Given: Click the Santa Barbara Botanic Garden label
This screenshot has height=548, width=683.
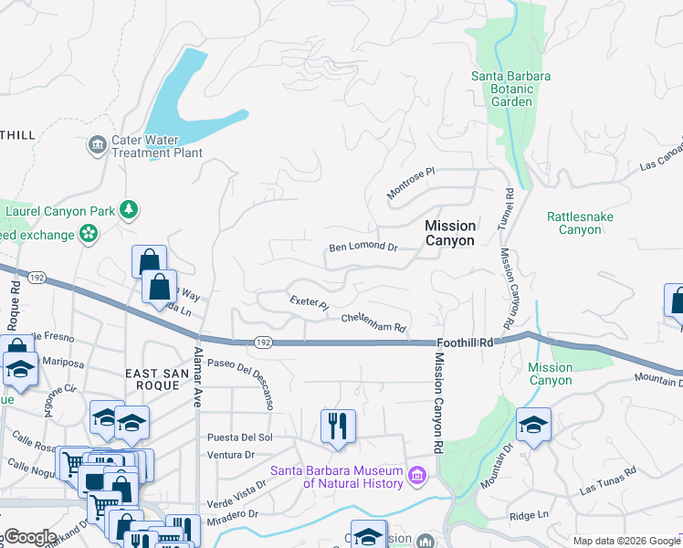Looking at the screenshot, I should coord(510,89).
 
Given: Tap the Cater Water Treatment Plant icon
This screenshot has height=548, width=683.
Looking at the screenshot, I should coord(98,144).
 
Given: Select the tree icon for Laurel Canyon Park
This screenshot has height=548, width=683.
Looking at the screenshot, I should coord(130,211).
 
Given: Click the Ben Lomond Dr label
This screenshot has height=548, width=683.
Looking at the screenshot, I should coord(363,248).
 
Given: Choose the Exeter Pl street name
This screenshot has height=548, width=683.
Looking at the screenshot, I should coord(308,302).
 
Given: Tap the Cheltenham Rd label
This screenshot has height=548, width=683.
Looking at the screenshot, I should coord(373,321).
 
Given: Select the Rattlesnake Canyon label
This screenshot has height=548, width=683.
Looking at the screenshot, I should coord(580,223).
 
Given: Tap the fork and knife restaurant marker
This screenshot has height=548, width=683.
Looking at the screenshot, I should coord(337,426).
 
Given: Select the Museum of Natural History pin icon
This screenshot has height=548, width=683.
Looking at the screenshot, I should coord(417,476).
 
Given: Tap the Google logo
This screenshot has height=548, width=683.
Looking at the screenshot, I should coord(30,536).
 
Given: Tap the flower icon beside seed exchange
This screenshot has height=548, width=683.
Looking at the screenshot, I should coord(89,235).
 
